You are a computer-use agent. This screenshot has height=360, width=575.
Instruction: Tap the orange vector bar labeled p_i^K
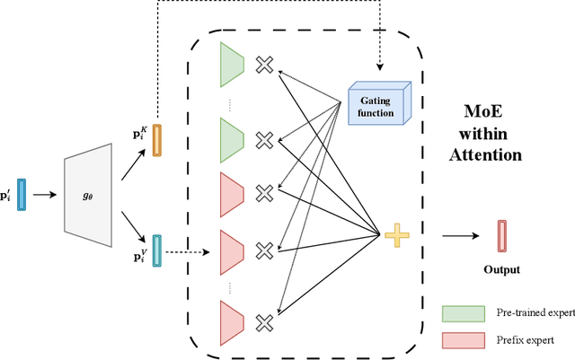click(157, 140)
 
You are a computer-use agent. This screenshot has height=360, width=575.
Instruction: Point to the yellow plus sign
click(394, 237)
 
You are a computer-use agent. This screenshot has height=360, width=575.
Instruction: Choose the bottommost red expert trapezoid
click(232, 320)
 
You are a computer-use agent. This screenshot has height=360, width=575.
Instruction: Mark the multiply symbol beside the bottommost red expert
click(264, 320)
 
